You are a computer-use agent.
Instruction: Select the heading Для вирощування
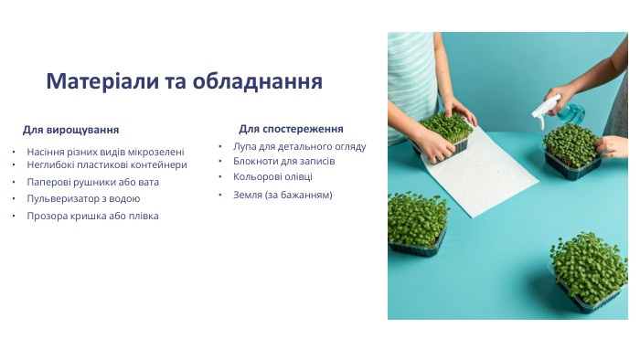click(70, 130)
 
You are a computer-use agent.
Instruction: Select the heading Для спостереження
click(291, 129)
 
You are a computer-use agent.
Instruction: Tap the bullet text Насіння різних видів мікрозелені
click(105, 152)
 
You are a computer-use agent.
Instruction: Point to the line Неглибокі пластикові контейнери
click(107, 164)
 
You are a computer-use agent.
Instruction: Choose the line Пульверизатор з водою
click(83, 198)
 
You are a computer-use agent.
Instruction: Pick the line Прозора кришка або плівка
click(92, 216)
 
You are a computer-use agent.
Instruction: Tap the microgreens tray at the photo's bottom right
click(588, 270)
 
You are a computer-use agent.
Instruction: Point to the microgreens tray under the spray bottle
click(571, 151)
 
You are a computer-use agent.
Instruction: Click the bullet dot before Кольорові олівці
click(220, 175)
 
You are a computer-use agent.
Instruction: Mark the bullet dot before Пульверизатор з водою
click(14, 198)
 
